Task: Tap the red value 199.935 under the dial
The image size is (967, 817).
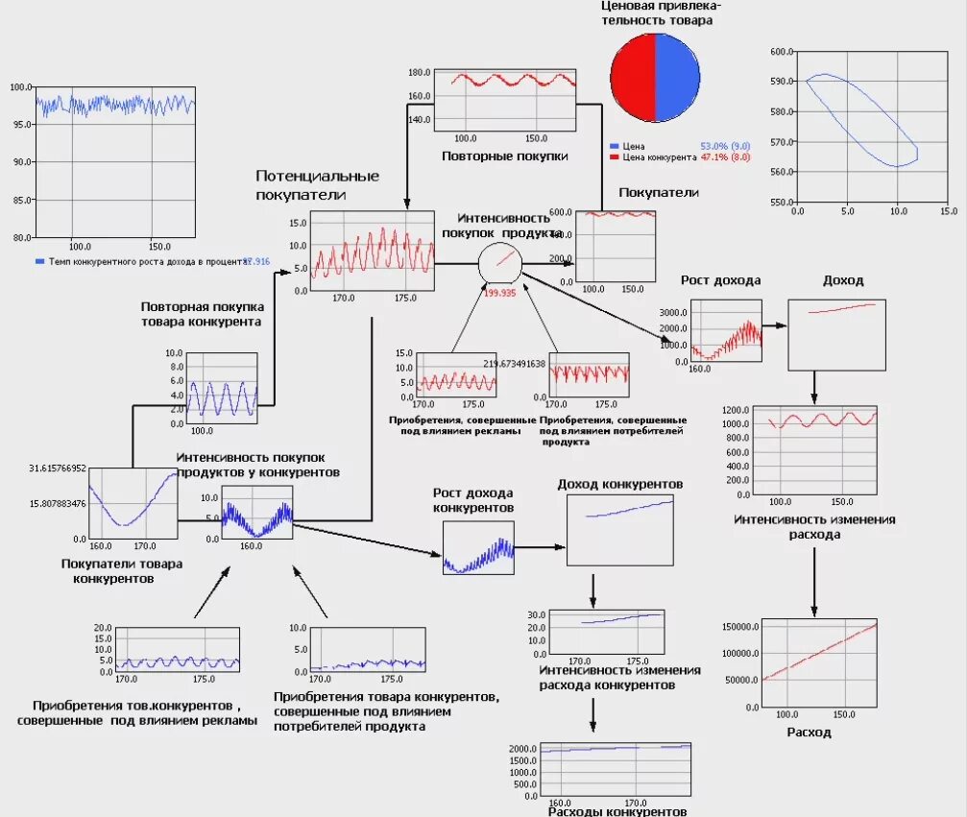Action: coord(499,293)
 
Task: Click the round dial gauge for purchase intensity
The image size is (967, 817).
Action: coord(499,261)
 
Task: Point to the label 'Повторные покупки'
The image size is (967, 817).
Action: coord(504,156)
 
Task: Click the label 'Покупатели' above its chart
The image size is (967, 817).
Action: coord(658,193)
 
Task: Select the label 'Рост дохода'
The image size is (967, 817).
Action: coord(720,281)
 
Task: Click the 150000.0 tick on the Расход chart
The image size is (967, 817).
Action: coord(738,627)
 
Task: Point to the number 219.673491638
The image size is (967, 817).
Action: coord(514,364)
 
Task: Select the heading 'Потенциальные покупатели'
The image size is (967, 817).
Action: coord(317,185)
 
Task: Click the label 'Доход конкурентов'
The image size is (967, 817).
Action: coord(620,484)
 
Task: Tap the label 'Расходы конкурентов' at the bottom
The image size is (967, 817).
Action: coord(616,811)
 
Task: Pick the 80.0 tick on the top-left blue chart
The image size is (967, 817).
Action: coord(21,237)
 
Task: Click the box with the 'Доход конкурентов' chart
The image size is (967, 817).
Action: coord(620,530)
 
